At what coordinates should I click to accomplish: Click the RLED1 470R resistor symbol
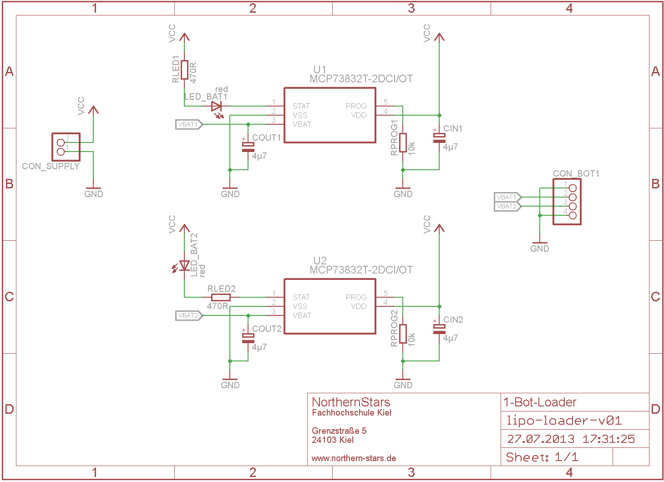(x=184, y=70)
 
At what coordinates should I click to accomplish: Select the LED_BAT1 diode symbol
(x=217, y=107)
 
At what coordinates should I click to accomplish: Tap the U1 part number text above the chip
(x=361, y=79)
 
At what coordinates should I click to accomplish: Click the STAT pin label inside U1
(x=301, y=106)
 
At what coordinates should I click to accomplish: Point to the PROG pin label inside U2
(x=356, y=297)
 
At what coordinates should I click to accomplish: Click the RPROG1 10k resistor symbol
(x=403, y=142)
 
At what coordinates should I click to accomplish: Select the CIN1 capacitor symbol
(x=439, y=138)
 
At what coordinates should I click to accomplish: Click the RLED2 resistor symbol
(x=221, y=297)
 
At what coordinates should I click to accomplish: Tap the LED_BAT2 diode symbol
(x=184, y=265)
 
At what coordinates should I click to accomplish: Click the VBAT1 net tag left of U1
(x=188, y=124)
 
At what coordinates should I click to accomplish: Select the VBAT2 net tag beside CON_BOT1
(x=507, y=206)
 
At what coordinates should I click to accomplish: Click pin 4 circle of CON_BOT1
(x=573, y=215)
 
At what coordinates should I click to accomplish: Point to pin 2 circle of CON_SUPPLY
(x=61, y=142)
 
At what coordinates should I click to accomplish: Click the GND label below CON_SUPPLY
(x=93, y=194)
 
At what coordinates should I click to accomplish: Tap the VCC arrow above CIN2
(x=439, y=228)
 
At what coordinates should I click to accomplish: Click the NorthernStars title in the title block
(x=351, y=402)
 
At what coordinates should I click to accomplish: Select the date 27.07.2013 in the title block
(x=541, y=439)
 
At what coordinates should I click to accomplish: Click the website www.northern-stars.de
(x=354, y=458)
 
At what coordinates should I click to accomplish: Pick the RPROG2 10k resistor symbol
(x=403, y=334)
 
